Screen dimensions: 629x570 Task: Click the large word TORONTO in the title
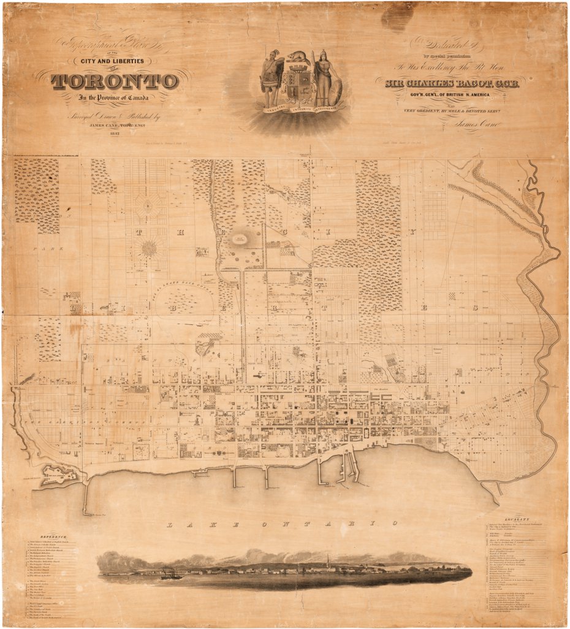click(x=115, y=81)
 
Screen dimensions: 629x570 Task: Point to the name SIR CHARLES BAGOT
click(x=448, y=83)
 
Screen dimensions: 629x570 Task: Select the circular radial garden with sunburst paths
click(x=148, y=248)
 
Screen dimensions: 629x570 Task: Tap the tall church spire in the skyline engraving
click(x=329, y=561)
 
